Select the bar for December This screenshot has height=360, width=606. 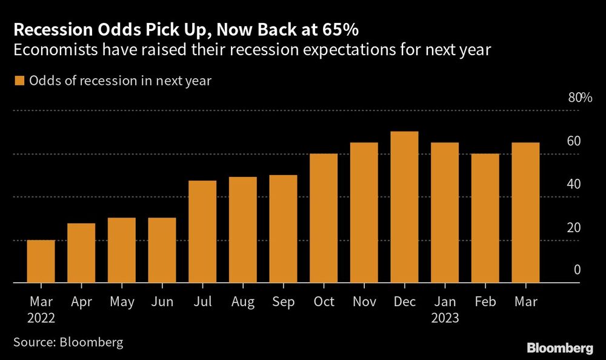point(404,207)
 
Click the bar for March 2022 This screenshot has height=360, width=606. point(41,262)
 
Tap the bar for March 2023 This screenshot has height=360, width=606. point(525,213)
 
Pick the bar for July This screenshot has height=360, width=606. point(202,232)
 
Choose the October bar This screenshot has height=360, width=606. point(324,218)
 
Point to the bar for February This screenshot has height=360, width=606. point(485,218)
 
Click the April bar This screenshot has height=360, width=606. point(81,253)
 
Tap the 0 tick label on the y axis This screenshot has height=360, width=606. point(578,270)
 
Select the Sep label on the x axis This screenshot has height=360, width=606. point(283,301)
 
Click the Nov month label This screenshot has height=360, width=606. point(364,301)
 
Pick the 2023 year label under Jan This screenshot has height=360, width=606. point(444,318)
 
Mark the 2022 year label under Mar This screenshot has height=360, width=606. point(41,318)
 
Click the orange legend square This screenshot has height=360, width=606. point(18,81)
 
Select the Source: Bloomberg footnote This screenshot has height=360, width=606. point(67,342)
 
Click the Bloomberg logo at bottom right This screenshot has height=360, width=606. point(559,348)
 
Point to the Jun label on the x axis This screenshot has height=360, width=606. point(162,301)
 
